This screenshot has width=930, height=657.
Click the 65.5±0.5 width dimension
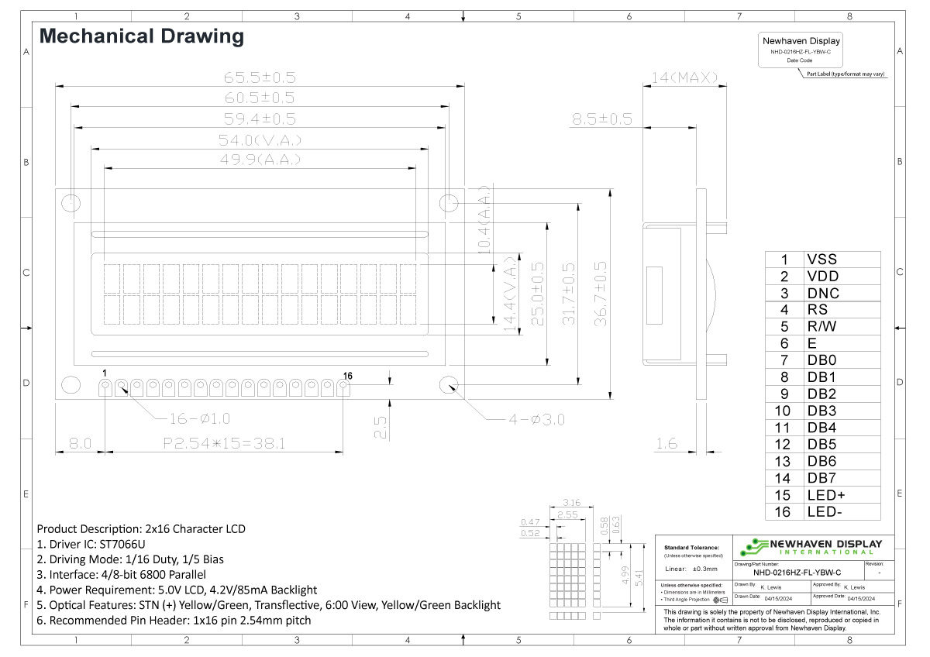260,77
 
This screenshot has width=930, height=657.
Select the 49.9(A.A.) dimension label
260,160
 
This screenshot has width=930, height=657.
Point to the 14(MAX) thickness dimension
684,77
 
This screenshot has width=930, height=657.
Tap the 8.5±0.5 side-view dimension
602,119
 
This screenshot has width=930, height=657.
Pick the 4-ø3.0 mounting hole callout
536,420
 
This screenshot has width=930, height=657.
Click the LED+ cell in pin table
825,495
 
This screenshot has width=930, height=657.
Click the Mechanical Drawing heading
141,36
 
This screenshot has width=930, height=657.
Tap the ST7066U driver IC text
122,544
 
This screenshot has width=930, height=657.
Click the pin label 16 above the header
348,376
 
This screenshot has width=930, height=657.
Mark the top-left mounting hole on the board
71,203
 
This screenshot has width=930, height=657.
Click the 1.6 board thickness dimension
666,444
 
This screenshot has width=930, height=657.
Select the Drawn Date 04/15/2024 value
775,598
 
